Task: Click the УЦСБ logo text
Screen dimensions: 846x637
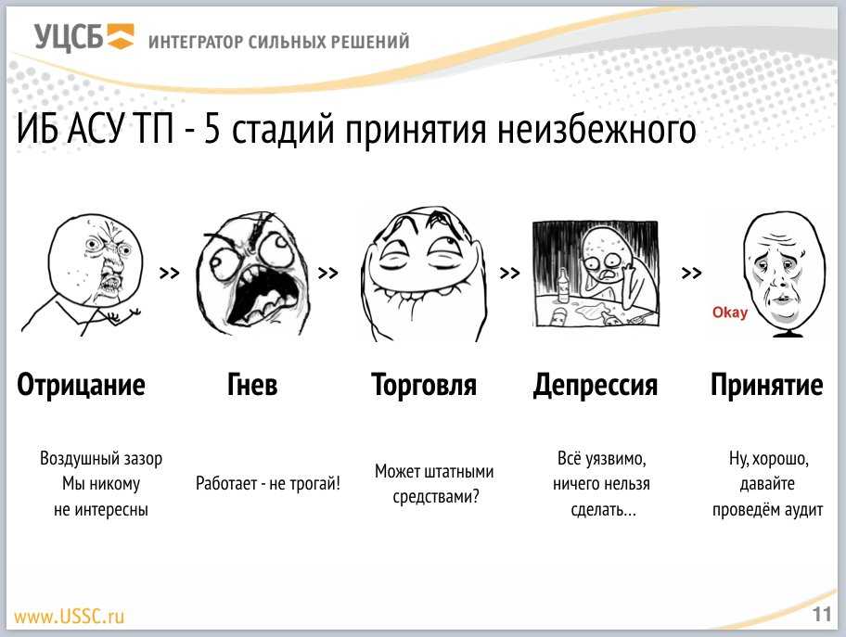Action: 69,38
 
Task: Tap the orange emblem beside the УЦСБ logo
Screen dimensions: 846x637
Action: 120,37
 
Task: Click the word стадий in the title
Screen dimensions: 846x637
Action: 283,130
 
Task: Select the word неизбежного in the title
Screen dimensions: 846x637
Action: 596,130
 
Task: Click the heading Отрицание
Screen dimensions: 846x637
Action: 81,385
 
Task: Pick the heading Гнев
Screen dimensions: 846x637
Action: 252,385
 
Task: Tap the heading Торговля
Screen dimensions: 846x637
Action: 424,385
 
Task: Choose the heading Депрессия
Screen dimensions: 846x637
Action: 596,386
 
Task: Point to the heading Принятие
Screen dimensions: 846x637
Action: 766,385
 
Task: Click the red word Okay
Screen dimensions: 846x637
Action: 730,312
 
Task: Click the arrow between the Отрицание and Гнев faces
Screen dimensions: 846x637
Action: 170,273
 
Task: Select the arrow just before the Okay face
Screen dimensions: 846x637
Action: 691,273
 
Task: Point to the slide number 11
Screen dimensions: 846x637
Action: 822,615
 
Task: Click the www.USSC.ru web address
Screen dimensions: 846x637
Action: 69,616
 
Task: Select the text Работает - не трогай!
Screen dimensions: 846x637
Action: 268,483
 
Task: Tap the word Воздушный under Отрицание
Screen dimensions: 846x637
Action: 71,459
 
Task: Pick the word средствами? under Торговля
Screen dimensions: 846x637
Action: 436,497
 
